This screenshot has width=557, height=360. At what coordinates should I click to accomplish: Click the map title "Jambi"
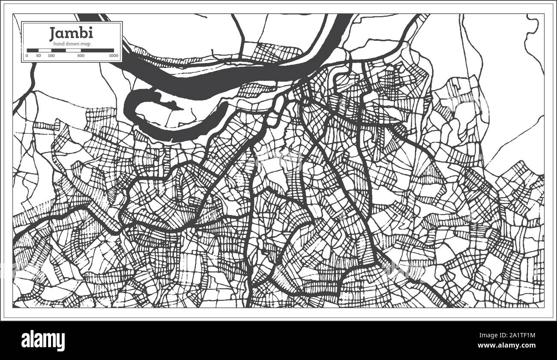[x=71, y=33]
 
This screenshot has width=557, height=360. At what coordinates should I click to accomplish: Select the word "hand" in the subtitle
[x=59, y=44]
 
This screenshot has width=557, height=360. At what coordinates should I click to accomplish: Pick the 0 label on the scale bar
[x=27, y=56]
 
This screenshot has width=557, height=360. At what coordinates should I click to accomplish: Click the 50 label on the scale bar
[x=39, y=56]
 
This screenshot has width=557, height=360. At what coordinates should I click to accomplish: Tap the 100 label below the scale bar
[x=51, y=56]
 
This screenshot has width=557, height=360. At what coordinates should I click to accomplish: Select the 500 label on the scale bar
[x=81, y=56]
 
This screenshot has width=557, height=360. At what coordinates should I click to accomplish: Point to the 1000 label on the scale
[x=114, y=56]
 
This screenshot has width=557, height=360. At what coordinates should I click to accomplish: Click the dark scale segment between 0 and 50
[x=33, y=50]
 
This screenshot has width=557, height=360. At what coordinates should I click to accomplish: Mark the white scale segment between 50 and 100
[x=45, y=50]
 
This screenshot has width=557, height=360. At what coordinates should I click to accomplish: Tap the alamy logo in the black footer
[x=43, y=341]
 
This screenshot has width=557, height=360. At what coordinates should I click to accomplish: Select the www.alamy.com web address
[x=512, y=345]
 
